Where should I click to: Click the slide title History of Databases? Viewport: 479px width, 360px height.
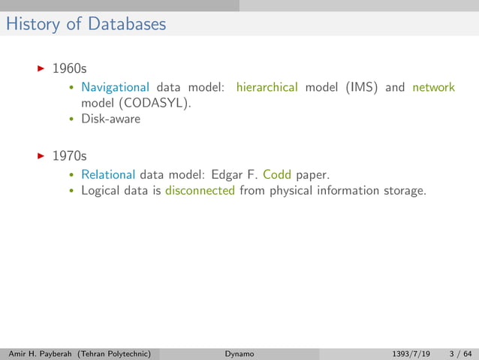85,24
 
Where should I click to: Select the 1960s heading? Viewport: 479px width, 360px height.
69,69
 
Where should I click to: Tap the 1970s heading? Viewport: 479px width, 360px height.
69,157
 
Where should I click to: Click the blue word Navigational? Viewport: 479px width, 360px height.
115,87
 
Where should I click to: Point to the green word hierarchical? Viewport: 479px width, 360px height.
267,87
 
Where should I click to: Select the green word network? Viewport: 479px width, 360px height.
433,87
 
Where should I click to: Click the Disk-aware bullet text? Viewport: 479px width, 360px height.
110,119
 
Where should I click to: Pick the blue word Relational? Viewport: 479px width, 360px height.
108,175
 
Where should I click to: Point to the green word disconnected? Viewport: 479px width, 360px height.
200,191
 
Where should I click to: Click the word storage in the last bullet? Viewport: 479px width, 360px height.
402,191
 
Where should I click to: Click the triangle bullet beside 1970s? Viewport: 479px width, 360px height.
41,156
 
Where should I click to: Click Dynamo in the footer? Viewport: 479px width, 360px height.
239,353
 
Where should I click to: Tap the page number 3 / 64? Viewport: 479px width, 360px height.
460,353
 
